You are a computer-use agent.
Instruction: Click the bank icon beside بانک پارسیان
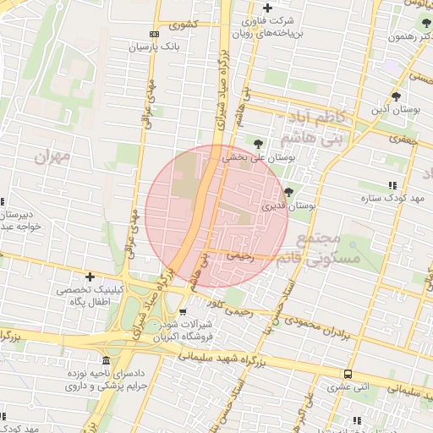(x=153, y=34)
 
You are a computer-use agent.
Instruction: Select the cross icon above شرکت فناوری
(x=267, y=8)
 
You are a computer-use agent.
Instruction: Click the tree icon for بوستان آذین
(x=396, y=96)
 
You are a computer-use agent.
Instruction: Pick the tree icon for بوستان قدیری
(x=289, y=192)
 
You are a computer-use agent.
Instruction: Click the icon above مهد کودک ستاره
(x=392, y=185)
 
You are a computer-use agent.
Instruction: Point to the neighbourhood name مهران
(x=52, y=156)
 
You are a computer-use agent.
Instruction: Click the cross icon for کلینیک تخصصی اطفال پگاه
(x=90, y=277)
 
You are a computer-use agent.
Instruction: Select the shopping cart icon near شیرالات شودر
(x=183, y=311)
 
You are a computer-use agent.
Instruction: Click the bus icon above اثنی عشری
(x=348, y=373)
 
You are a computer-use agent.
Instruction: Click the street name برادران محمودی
(x=320, y=326)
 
